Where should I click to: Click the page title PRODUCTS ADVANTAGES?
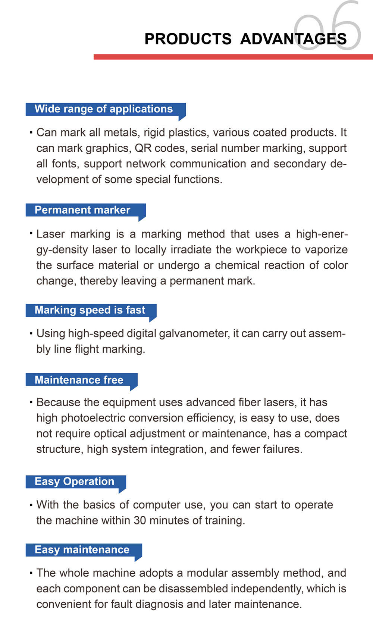pyautogui.click(x=245, y=39)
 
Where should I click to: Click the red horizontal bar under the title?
pyautogui.click(x=233, y=57)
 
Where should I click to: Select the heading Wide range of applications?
pyautogui.click(x=104, y=109)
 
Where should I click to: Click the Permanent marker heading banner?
pyautogui.click(x=82, y=210)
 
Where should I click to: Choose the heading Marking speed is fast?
pyautogui.click(x=90, y=310)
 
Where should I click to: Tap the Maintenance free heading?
pyautogui.click(x=79, y=380)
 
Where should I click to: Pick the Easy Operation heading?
pyautogui.click(x=74, y=481)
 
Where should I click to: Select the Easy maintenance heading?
pyautogui.click(x=82, y=549)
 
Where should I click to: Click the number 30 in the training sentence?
pyautogui.click(x=140, y=520)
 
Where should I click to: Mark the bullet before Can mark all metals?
pyautogui.click(x=31, y=133)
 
